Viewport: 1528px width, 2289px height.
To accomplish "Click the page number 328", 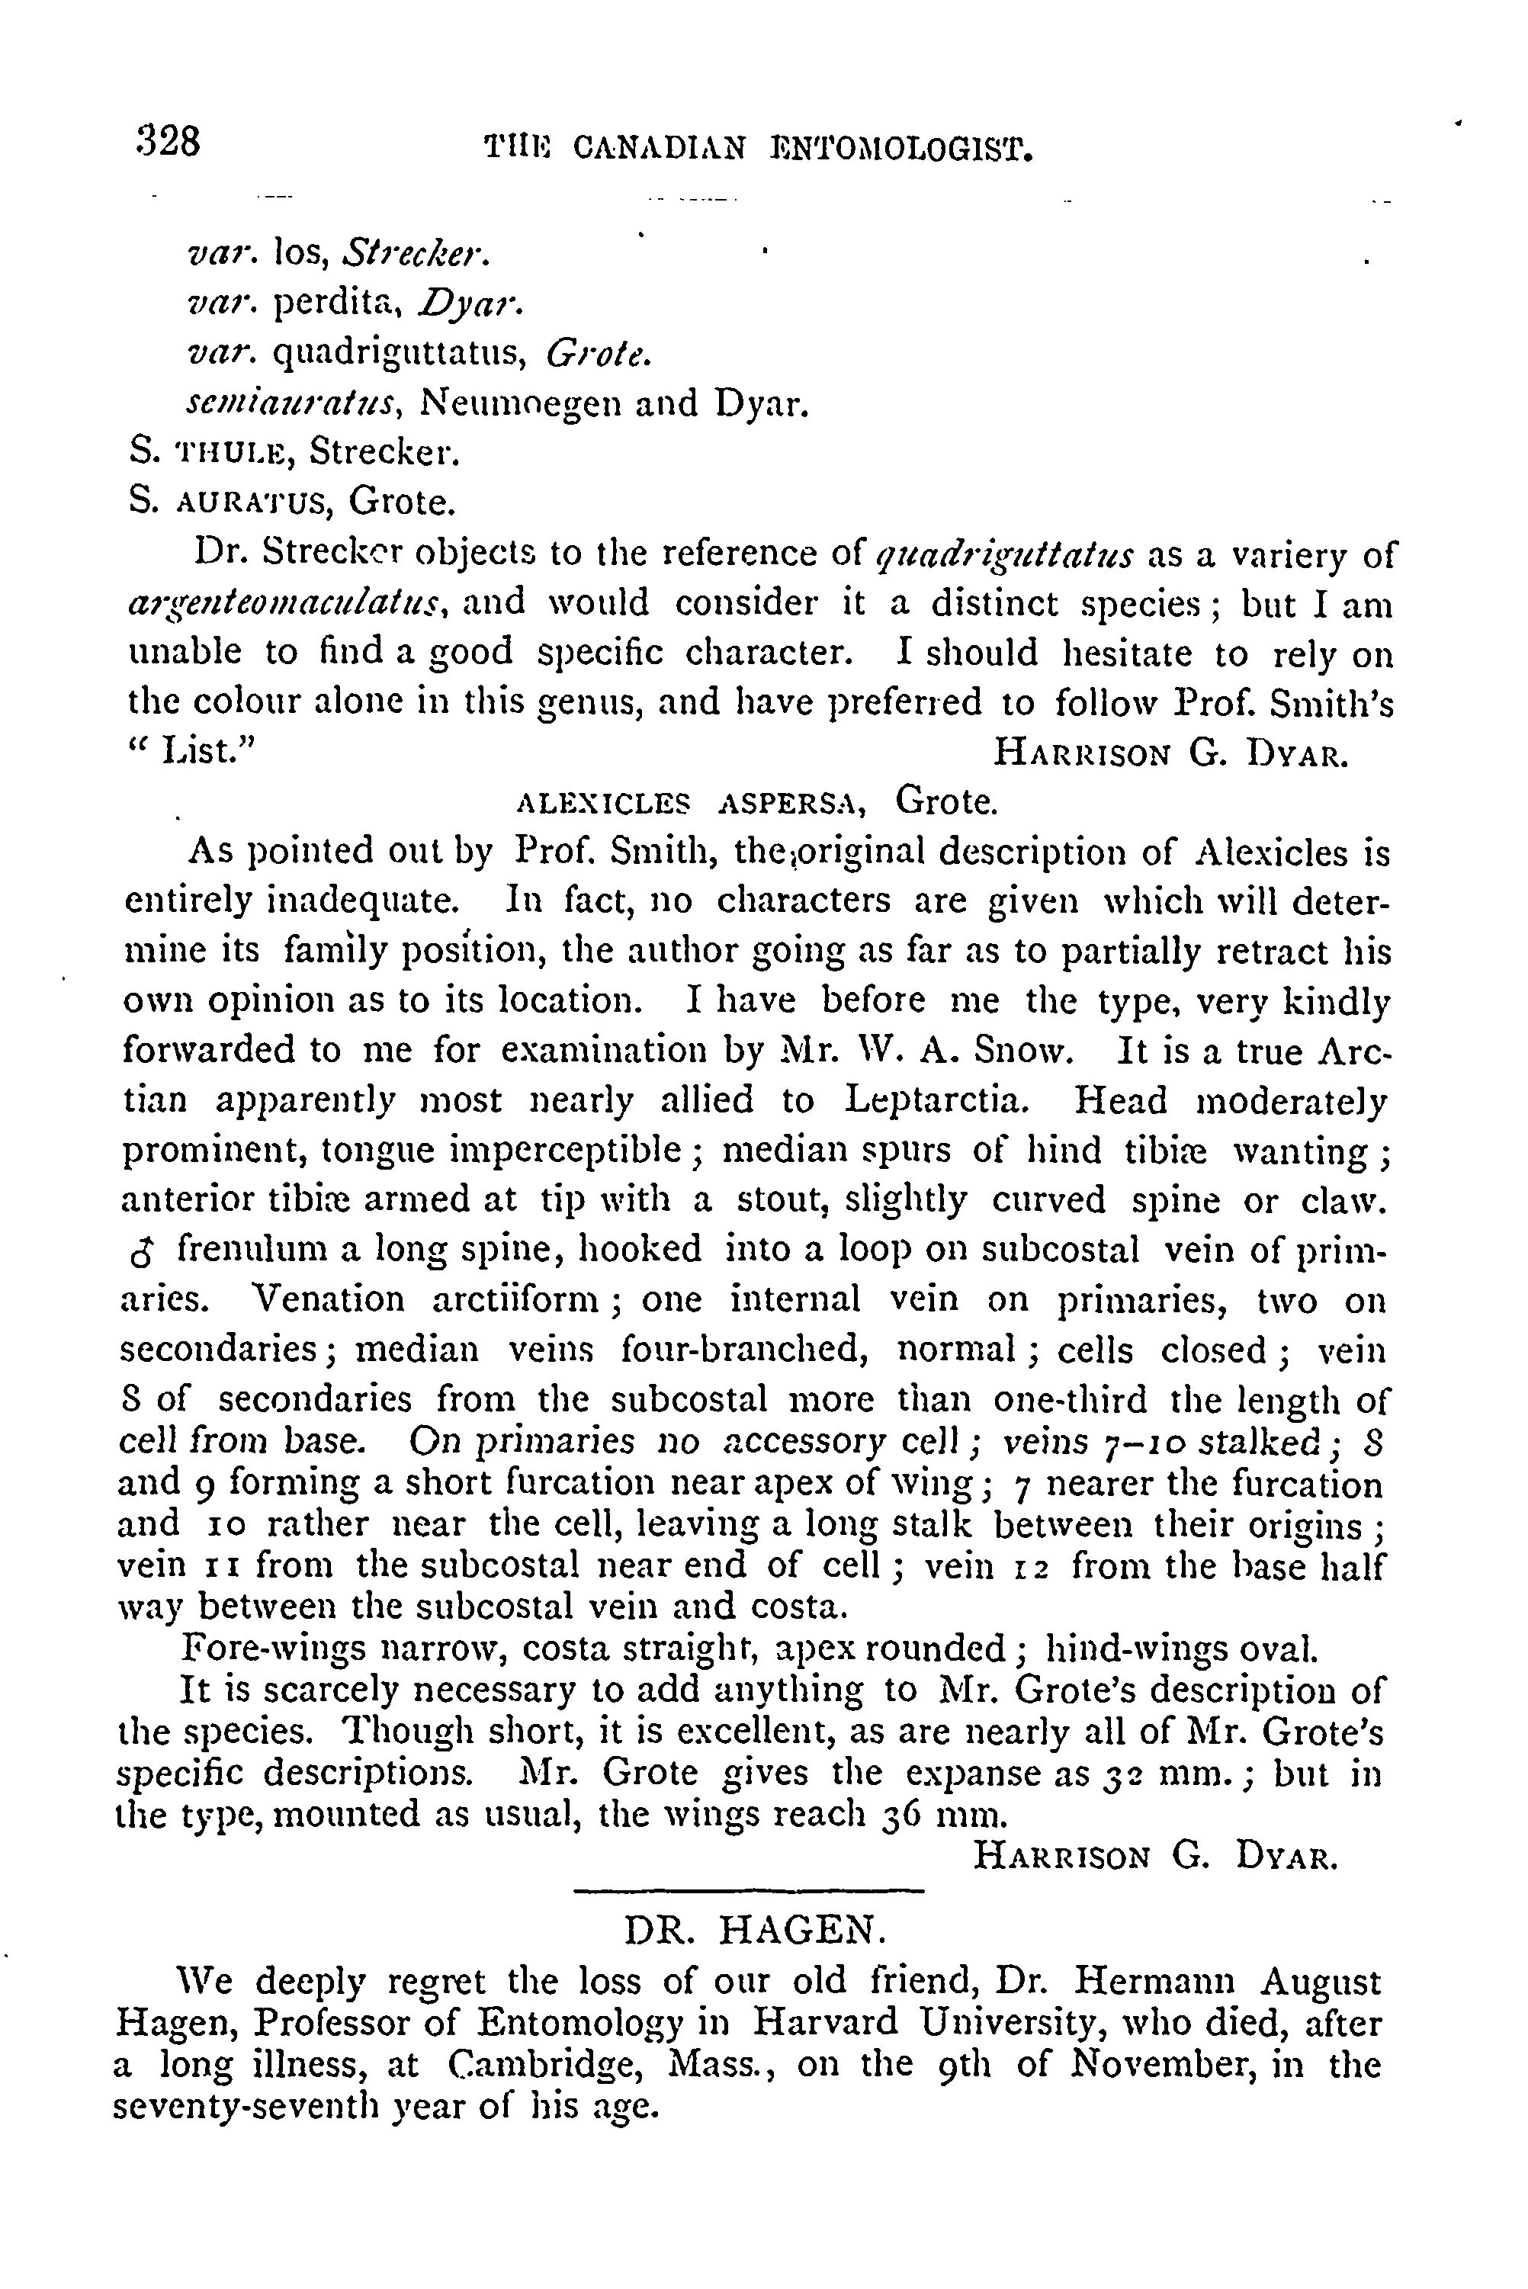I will [169, 143].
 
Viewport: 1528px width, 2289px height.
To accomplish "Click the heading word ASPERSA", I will [791, 803].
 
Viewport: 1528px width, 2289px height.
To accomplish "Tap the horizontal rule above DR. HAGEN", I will [749, 1892].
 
